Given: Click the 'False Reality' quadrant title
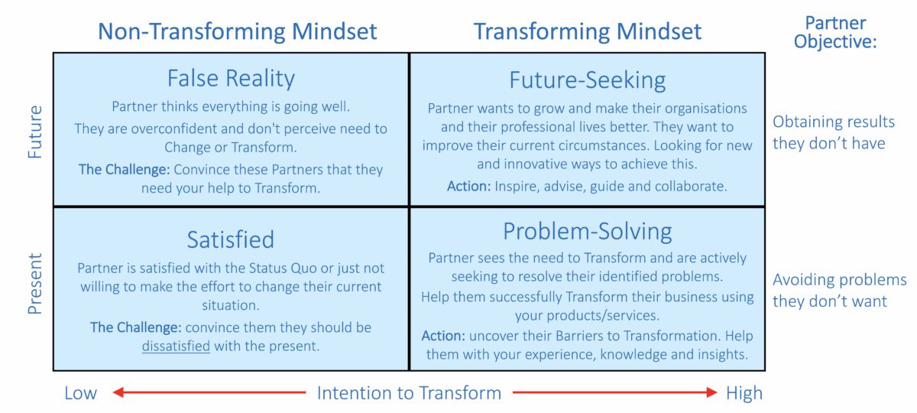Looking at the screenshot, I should [231, 78].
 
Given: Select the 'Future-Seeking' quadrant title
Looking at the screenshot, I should [587, 80].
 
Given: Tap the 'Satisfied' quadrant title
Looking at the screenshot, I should [231, 239].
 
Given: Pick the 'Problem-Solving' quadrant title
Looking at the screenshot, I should [587, 231].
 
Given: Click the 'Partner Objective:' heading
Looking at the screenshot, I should [834, 32].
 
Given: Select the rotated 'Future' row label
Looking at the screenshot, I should [35, 132].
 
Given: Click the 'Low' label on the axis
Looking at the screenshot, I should [80, 393].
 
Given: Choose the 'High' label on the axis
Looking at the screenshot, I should [744, 393].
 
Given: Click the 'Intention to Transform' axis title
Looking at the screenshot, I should [409, 393].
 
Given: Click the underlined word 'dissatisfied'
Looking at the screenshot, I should [176, 346].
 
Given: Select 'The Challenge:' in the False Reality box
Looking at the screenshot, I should [122, 169].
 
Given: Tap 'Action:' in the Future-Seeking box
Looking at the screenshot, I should [468, 186].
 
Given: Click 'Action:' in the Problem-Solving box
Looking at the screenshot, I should [443, 336].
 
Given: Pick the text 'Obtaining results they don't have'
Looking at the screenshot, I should [833, 132].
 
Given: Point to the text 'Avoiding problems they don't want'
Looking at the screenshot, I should [839, 290].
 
